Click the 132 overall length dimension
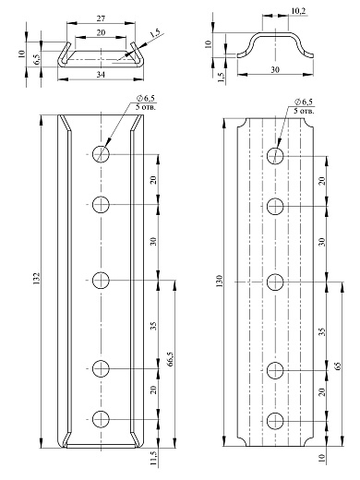point(37,278)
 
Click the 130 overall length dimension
point(219,282)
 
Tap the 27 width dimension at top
point(101,18)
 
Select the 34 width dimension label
point(101,75)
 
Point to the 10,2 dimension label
point(298,11)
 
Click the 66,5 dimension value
point(171,359)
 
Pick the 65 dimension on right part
point(338,366)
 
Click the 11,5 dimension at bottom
point(154,458)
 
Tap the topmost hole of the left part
point(101,153)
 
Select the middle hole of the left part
point(101,280)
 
